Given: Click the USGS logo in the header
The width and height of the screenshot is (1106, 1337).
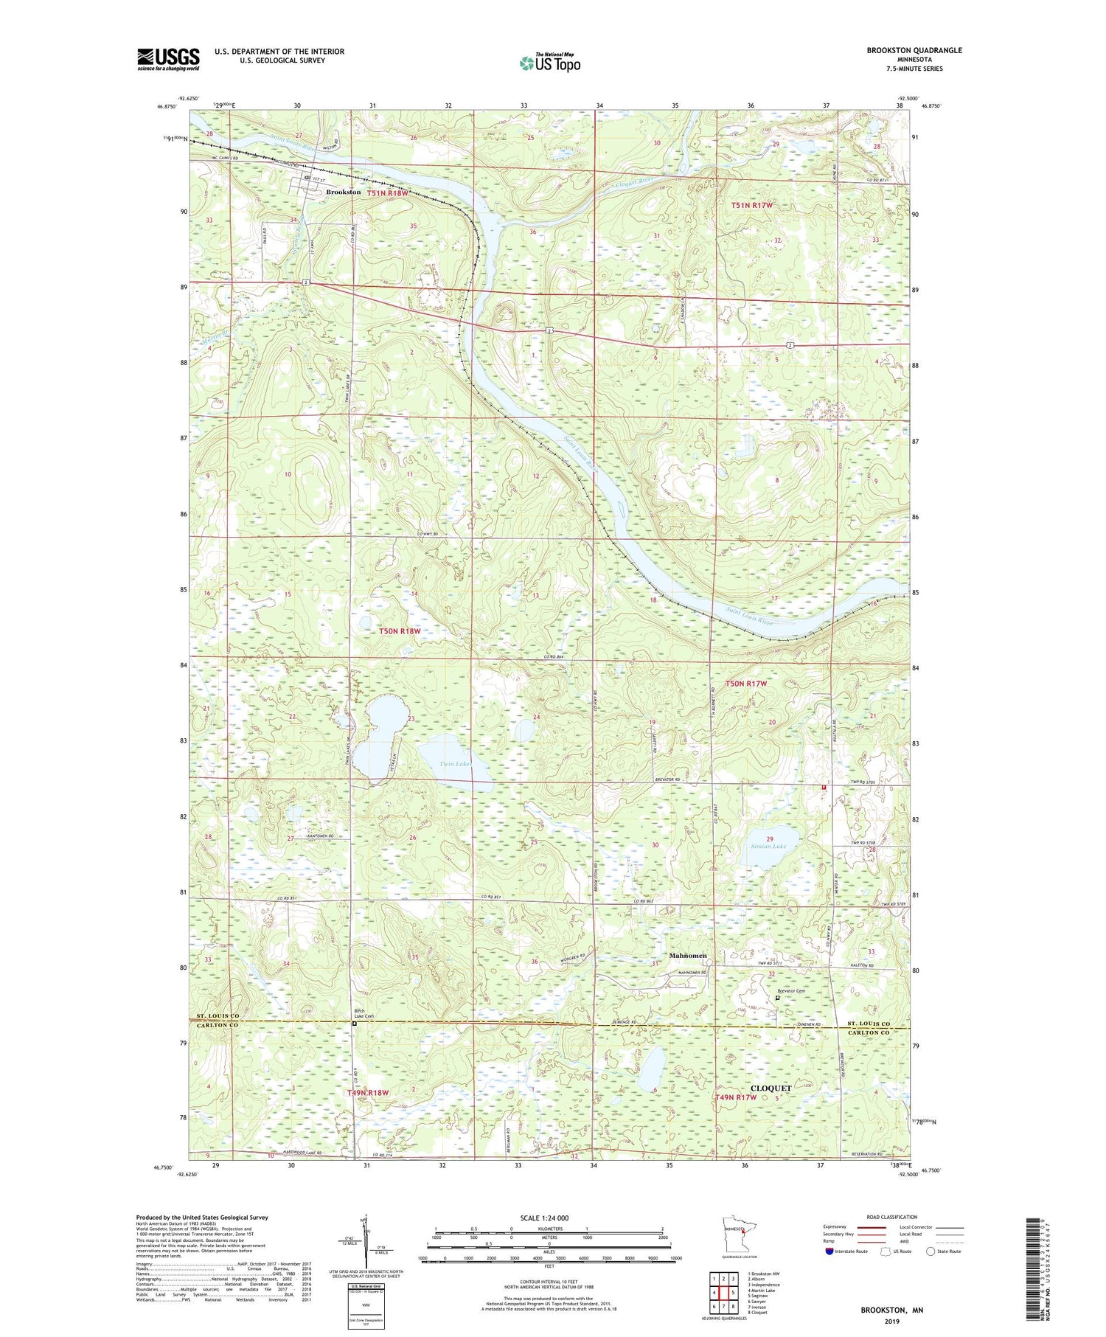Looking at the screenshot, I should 168,59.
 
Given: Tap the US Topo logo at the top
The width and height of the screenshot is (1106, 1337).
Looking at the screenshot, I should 549,63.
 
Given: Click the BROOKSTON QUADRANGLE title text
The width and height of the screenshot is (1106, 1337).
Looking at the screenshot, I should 914,50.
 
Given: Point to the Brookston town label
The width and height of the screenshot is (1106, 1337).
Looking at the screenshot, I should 344,192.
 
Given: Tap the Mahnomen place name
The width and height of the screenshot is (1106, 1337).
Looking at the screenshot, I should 687,956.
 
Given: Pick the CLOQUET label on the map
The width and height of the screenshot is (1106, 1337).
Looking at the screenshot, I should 771,1088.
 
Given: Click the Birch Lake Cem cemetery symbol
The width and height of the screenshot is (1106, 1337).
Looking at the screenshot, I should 354,1024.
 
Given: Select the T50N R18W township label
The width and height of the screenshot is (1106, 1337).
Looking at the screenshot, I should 400,631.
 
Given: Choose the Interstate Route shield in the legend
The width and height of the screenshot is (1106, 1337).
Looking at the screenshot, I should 829,1251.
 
